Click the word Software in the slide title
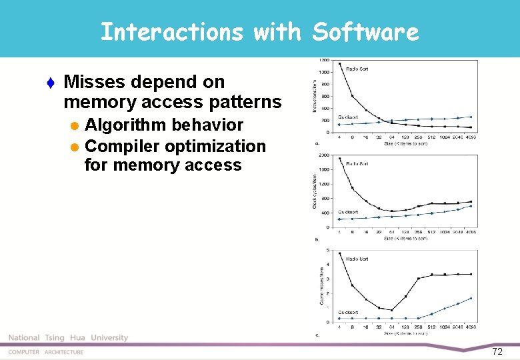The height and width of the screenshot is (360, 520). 365,31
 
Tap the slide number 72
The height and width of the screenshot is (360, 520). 497,351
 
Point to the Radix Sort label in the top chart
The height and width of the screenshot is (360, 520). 358,69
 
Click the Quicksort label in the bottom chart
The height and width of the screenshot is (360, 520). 348,312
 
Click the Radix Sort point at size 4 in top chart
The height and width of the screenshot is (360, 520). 340,64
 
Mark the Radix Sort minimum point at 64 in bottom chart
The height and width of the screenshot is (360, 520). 392,310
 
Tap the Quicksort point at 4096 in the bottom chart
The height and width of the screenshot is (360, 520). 471,298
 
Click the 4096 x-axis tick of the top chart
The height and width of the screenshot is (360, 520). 471,137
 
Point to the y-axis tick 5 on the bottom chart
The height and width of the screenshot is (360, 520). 327,250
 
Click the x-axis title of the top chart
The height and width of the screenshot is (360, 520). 405,144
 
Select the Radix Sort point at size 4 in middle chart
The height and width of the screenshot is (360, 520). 340,159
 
